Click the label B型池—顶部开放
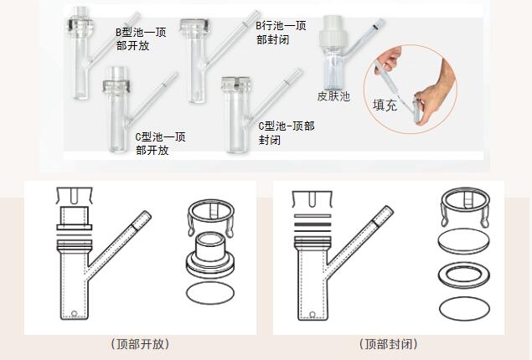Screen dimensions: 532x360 tap(141, 39)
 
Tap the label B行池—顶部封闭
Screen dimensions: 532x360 tap(281, 33)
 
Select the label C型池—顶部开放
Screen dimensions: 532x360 tap(160, 143)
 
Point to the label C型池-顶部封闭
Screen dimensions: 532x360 tap(287, 132)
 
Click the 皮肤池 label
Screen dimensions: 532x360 tap(333, 96)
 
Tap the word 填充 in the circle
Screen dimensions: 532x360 tap(385, 105)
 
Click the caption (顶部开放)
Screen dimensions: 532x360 tap(140, 344)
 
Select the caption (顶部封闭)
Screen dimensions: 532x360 tap(389, 344)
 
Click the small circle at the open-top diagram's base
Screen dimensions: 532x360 tap(75, 313)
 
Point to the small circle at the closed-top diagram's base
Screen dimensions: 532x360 tap(312, 314)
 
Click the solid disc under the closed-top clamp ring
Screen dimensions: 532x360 tap(464, 241)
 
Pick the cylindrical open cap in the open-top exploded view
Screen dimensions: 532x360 tap(210, 255)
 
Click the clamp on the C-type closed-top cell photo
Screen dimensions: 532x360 tap(237, 84)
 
